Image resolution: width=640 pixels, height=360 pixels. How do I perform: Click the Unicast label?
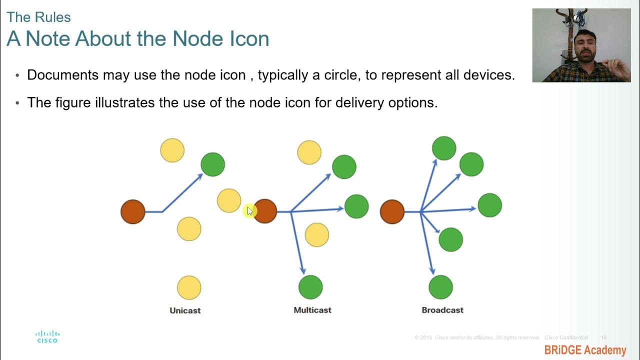coord(185,310)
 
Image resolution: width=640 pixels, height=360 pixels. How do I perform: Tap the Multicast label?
coord(312,310)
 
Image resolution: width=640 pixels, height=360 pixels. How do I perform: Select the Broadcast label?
coord(442,310)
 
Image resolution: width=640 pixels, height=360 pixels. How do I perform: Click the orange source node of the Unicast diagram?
coord(133,211)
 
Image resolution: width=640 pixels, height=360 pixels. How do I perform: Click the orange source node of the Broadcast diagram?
coord(392,211)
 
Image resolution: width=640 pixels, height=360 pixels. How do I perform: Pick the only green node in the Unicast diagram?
coord(212,164)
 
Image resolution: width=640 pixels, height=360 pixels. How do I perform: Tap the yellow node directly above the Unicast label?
coord(189,287)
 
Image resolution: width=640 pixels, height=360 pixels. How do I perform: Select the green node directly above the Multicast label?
coord(310,287)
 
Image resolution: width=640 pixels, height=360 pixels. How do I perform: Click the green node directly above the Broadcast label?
coord(440,287)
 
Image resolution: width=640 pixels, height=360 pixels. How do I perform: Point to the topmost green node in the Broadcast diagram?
coord(444,148)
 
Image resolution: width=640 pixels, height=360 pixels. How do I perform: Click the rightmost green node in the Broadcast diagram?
coord(489,205)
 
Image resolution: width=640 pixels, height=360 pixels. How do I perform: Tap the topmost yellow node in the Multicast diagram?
coord(309,152)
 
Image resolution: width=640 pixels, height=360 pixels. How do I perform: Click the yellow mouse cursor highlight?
coord(249,211)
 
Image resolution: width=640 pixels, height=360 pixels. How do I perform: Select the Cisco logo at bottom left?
coord(47,336)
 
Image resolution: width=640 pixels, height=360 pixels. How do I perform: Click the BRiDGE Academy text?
coord(585,350)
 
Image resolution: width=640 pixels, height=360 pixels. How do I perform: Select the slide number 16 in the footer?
coord(603,338)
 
